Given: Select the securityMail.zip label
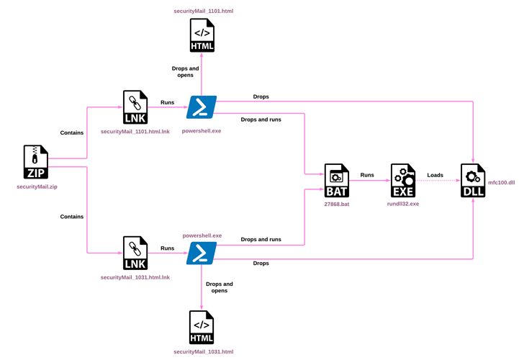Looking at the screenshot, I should tap(37, 186).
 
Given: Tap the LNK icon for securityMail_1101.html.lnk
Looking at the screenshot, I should tap(135, 107).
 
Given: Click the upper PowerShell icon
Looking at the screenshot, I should tap(202, 107).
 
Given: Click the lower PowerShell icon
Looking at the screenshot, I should tap(202, 253).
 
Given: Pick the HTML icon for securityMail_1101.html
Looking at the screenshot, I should tap(202, 35).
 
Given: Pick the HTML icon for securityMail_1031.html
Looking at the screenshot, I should tap(202, 328).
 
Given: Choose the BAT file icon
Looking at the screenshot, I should tap(336, 180).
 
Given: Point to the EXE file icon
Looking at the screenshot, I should tap(403, 180).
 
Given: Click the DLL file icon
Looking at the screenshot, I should tap(473, 180).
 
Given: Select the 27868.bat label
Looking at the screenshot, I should tap(337, 204).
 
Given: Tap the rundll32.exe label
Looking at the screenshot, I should tap(403, 204).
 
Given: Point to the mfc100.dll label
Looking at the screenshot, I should tap(502, 183).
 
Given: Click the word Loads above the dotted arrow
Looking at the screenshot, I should tap(435, 175).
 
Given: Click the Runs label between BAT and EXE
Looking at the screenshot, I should tap(367, 175).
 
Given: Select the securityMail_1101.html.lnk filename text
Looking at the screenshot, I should tap(135, 132).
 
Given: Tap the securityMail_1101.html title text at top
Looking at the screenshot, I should tap(204, 12).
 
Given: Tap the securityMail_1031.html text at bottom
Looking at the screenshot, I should tap(204, 351).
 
